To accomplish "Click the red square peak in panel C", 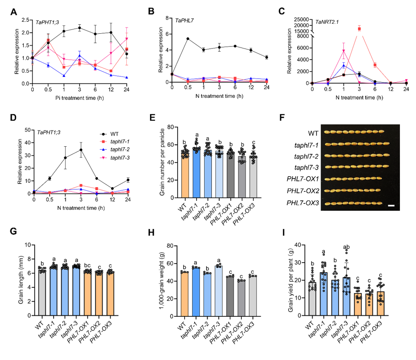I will (359, 29).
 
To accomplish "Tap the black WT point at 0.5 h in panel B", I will (189, 38).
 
